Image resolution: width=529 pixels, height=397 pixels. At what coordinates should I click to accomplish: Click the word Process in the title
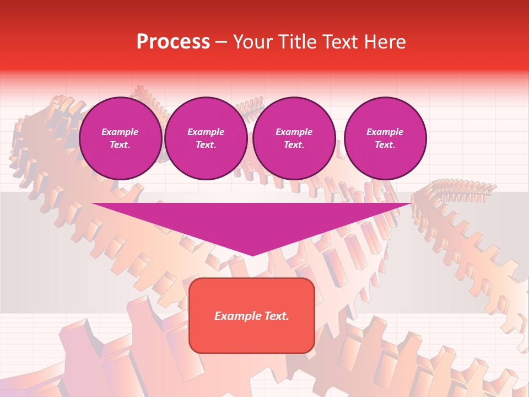(173, 42)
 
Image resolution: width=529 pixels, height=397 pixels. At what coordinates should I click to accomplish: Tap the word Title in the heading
(296, 42)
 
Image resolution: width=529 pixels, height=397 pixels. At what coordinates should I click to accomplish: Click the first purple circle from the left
(121, 138)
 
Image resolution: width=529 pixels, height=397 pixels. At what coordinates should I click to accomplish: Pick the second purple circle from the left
(206, 138)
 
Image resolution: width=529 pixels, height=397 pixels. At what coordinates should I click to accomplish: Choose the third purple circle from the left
(294, 138)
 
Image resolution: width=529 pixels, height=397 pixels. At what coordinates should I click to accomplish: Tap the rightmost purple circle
(385, 138)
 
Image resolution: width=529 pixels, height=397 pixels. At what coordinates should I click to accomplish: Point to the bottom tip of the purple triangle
(252, 255)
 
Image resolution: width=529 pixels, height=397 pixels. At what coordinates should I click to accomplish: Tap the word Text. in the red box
(276, 316)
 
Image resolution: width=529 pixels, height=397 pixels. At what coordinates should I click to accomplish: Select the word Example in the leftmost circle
(120, 132)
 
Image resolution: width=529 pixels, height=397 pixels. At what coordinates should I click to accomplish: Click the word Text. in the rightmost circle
(385, 145)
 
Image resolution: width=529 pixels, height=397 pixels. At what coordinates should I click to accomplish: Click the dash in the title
(221, 42)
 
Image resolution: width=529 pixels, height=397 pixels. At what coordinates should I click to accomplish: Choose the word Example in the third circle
(294, 132)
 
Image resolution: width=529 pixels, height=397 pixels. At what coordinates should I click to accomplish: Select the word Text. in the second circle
(206, 145)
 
